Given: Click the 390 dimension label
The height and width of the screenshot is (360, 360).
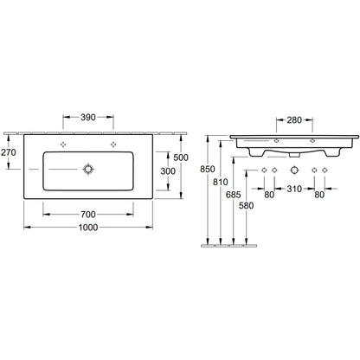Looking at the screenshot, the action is (88, 118).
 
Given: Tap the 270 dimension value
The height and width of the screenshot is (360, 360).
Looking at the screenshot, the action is (9, 152).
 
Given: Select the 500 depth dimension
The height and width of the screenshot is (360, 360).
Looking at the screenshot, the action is (181, 157).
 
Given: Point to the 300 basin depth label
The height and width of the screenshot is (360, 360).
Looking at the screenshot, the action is (168, 171).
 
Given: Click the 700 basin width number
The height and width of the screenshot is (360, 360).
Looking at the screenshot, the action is (88, 215).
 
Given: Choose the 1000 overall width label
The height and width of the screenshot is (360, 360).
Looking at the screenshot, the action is (88, 228).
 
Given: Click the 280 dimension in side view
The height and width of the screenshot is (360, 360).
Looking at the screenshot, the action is (294, 120).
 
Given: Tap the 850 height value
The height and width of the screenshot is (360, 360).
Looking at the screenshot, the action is (208, 169).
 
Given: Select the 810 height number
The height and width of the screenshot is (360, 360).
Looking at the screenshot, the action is (221, 182).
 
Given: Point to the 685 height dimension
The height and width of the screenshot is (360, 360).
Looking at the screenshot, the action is (233, 195).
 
